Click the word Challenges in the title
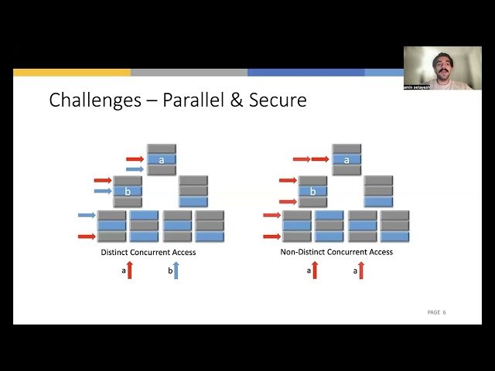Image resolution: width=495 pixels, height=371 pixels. coord(87,100)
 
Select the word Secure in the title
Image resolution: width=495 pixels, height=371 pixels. coord(277,100)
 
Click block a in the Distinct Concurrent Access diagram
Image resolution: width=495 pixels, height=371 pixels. coord(162,159)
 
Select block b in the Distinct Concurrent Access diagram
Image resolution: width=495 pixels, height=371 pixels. coord(128,191)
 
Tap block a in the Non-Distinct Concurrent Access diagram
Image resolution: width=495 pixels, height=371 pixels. coord(346,159)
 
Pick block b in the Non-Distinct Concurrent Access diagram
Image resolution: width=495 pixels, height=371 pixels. coord(313,191)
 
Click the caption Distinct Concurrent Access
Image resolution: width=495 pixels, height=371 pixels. coord(148,252)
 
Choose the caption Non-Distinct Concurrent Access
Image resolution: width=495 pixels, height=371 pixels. coord(336,252)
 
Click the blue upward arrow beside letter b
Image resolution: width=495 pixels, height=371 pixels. coord(176,271)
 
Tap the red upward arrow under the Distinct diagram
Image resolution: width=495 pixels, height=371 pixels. coord(131,271)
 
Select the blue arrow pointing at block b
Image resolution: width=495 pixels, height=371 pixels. coord(103,191)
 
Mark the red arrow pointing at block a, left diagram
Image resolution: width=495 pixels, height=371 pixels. coord(135,158)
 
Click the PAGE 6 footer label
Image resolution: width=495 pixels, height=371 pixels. coord(436,312)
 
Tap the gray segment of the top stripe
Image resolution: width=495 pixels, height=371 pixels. coord(189,73)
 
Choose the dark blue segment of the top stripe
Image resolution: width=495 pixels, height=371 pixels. coord(306,73)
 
